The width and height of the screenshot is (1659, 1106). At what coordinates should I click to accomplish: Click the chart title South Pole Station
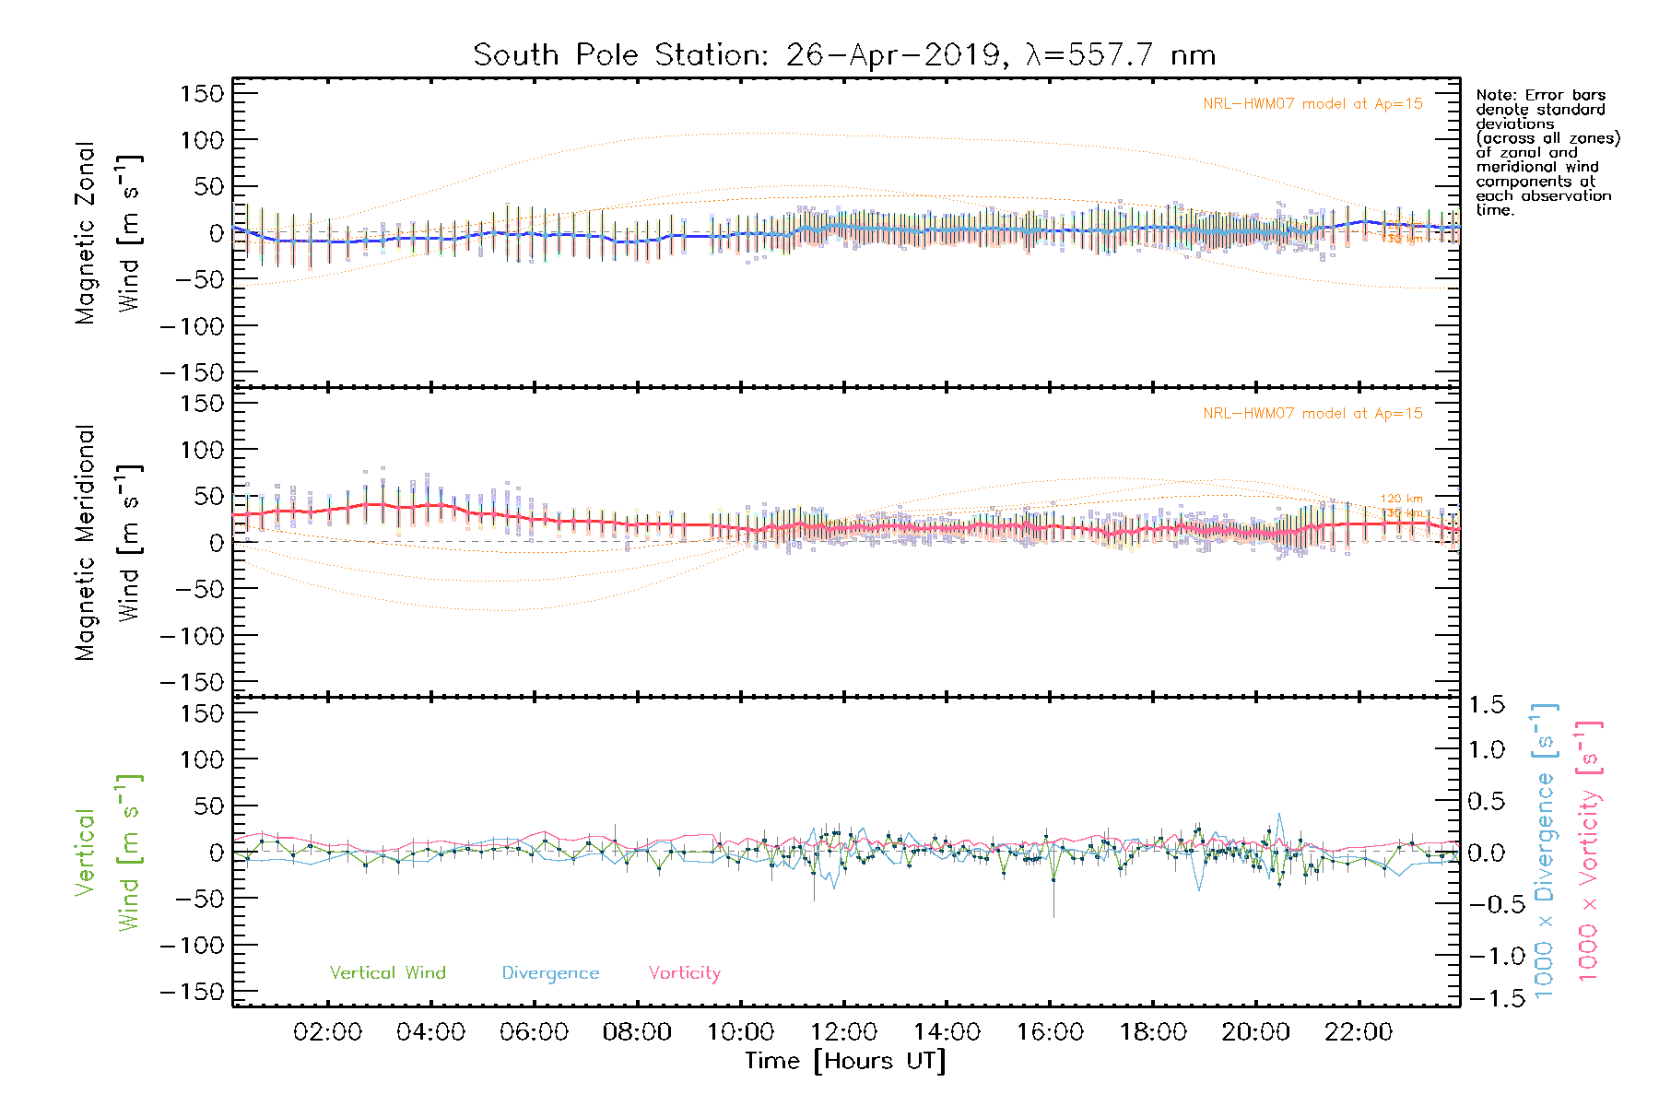(x=843, y=55)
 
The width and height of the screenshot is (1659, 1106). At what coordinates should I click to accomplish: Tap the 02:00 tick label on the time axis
(x=327, y=1032)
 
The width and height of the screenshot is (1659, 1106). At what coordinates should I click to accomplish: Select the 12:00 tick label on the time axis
(x=843, y=1032)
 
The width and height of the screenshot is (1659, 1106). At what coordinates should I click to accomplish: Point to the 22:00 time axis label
(x=1359, y=1032)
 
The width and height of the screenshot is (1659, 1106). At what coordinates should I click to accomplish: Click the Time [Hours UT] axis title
(x=845, y=1062)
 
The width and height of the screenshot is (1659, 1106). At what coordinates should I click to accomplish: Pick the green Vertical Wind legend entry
(x=387, y=973)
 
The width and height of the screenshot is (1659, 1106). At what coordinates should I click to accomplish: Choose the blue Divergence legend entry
(x=550, y=973)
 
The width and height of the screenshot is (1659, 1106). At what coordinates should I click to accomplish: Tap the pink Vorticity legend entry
(x=684, y=973)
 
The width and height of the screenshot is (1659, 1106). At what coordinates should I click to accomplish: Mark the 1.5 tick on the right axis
(x=1486, y=705)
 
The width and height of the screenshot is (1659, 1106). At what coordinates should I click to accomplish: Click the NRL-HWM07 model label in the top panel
(x=1312, y=104)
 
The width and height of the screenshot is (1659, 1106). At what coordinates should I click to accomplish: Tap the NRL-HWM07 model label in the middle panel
(x=1312, y=414)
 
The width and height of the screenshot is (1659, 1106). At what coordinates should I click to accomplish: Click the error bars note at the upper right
(x=1547, y=152)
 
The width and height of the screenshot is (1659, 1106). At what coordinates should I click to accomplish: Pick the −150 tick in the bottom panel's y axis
(x=192, y=992)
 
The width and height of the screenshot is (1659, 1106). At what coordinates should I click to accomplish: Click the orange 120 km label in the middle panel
(x=1401, y=499)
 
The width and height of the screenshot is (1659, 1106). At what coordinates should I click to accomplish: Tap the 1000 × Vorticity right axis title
(x=1589, y=851)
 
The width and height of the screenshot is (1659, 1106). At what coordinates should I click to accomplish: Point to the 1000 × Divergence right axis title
(x=1545, y=851)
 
